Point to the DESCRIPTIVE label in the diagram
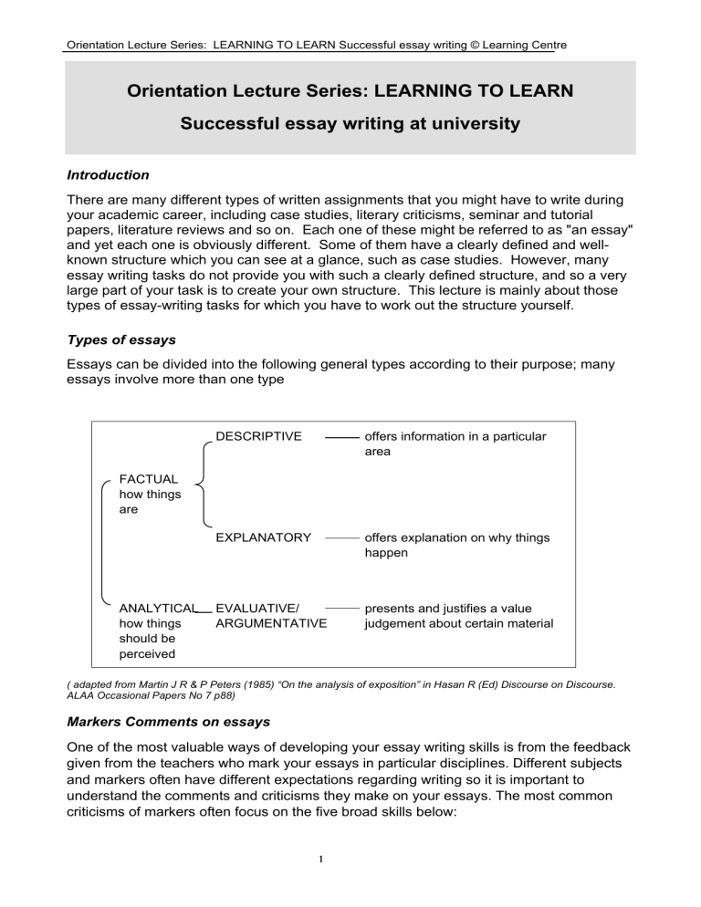(258, 436)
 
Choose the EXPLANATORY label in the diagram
(263, 537)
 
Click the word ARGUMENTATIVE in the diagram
(270, 624)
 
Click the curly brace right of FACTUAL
(203, 486)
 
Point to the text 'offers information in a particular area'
(455, 443)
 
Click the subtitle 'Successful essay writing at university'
(350, 124)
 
